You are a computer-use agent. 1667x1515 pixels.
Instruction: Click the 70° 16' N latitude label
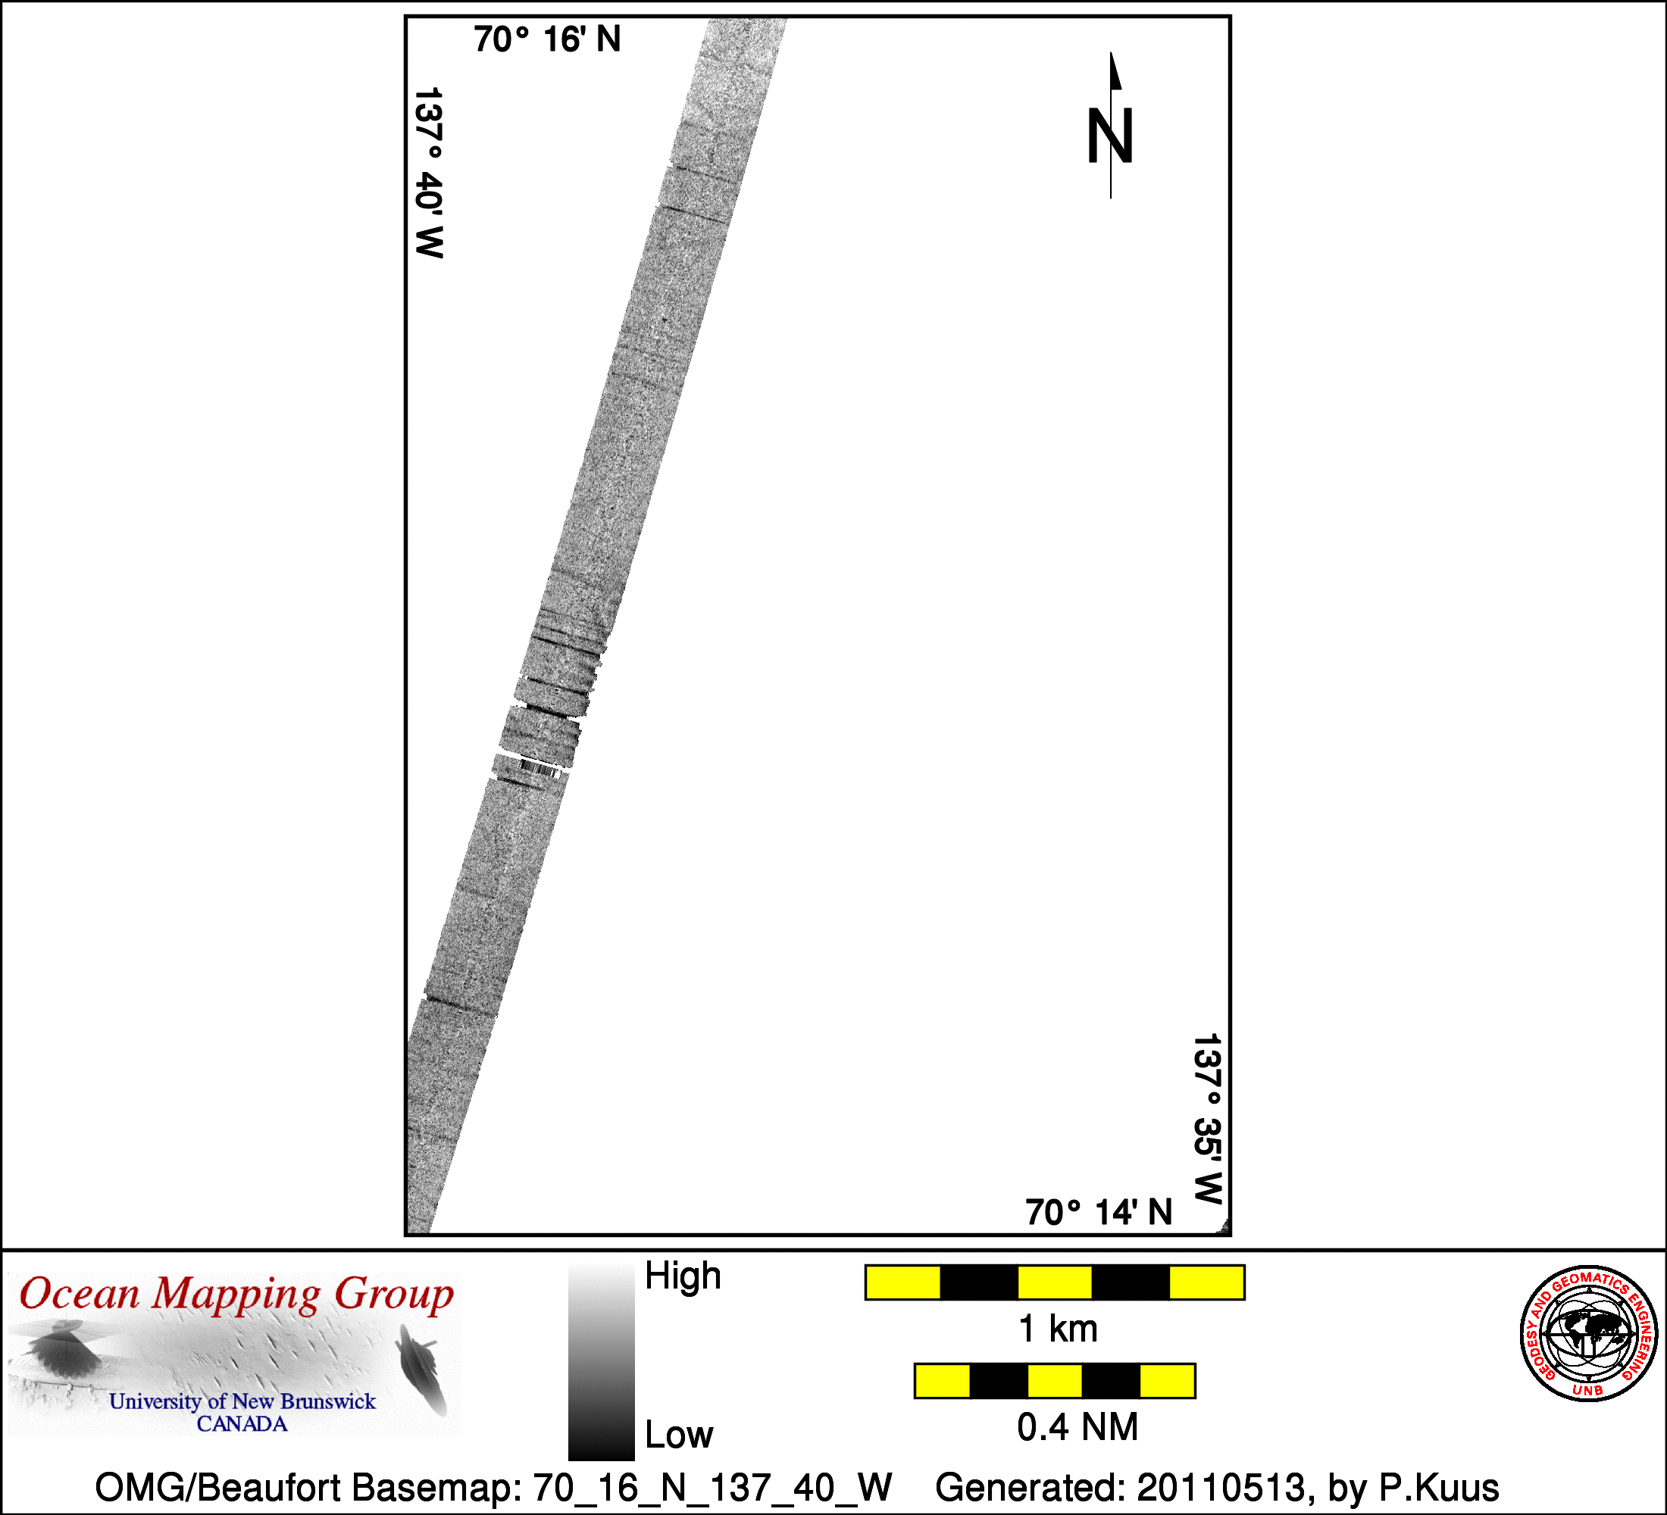pyautogui.click(x=547, y=39)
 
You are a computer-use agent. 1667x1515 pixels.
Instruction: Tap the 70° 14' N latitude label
pyautogui.click(x=1099, y=1213)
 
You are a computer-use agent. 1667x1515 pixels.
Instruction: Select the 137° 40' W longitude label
pyautogui.click(x=429, y=173)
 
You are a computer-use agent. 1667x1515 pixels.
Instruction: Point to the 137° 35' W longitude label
pyautogui.click(x=1207, y=1119)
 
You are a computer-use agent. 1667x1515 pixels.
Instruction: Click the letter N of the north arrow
pyautogui.click(x=1109, y=136)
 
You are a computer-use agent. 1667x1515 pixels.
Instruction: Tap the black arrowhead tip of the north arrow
pyautogui.click(x=1111, y=53)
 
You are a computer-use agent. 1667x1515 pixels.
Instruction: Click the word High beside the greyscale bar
pyautogui.click(x=683, y=1276)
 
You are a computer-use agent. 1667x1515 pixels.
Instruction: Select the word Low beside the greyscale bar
pyautogui.click(x=679, y=1435)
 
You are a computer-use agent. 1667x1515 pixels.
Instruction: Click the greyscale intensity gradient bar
pyautogui.click(x=601, y=1363)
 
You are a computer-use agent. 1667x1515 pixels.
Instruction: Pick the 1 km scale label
pyautogui.click(x=1058, y=1329)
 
